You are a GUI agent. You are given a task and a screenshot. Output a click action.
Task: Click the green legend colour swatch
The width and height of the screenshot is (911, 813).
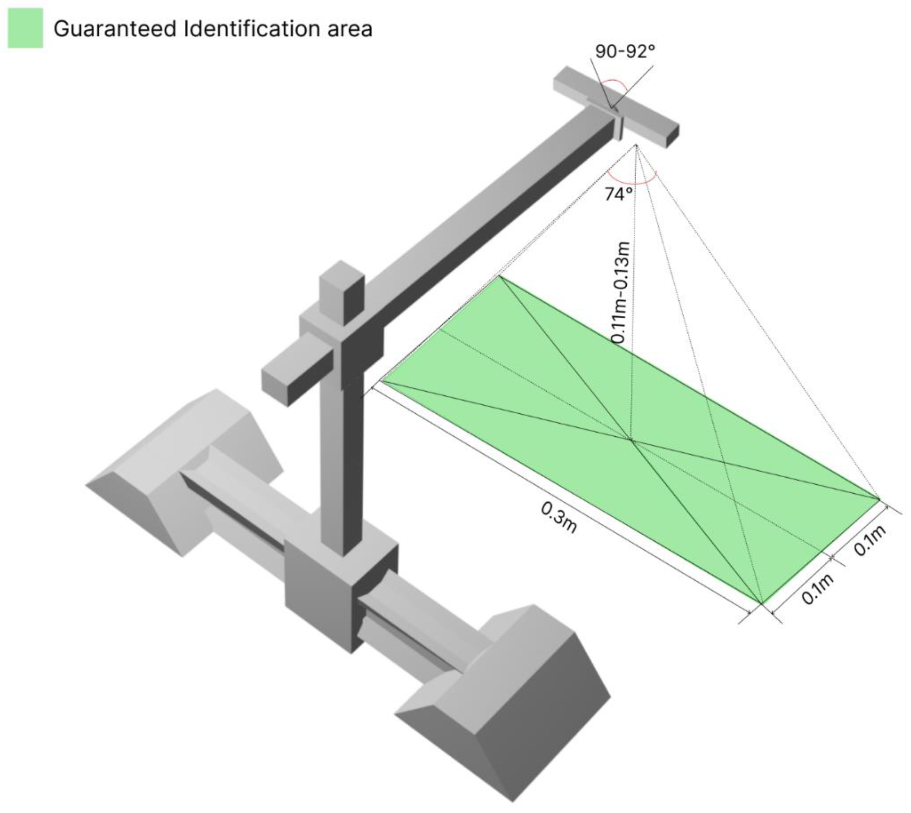point(26,28)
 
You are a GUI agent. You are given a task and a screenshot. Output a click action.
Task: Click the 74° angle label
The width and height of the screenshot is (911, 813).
point(619,194)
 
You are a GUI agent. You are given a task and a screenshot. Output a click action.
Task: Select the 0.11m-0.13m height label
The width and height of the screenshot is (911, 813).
point(621,293)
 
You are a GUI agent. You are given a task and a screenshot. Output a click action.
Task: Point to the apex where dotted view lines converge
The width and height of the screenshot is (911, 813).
point(636,145)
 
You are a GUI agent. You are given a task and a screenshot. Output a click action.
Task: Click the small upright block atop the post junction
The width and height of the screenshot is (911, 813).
point(342,293)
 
